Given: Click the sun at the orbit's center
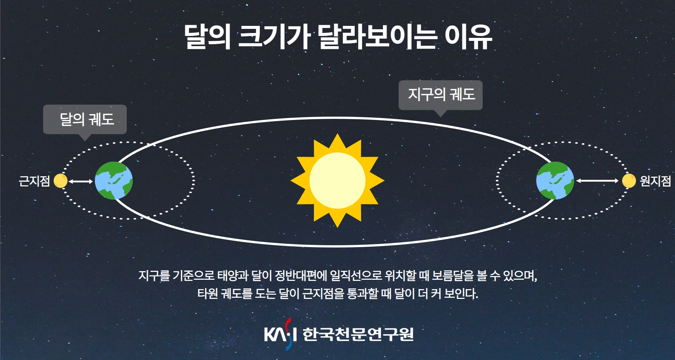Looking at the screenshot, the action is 337,180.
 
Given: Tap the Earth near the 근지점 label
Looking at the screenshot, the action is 114,180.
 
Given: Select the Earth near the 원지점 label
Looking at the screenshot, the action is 555,180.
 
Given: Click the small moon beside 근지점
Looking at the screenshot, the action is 60,181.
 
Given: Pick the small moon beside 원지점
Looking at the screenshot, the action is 629,181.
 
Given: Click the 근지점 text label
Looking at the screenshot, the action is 34,181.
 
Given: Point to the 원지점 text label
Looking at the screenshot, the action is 655,181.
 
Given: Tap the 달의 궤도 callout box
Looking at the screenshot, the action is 85,120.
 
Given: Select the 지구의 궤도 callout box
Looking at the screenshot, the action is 441,95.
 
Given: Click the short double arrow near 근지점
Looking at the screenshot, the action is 81,181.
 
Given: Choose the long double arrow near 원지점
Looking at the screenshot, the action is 597,181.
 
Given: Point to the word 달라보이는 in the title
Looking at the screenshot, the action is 377,37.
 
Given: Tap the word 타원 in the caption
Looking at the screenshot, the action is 208,293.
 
